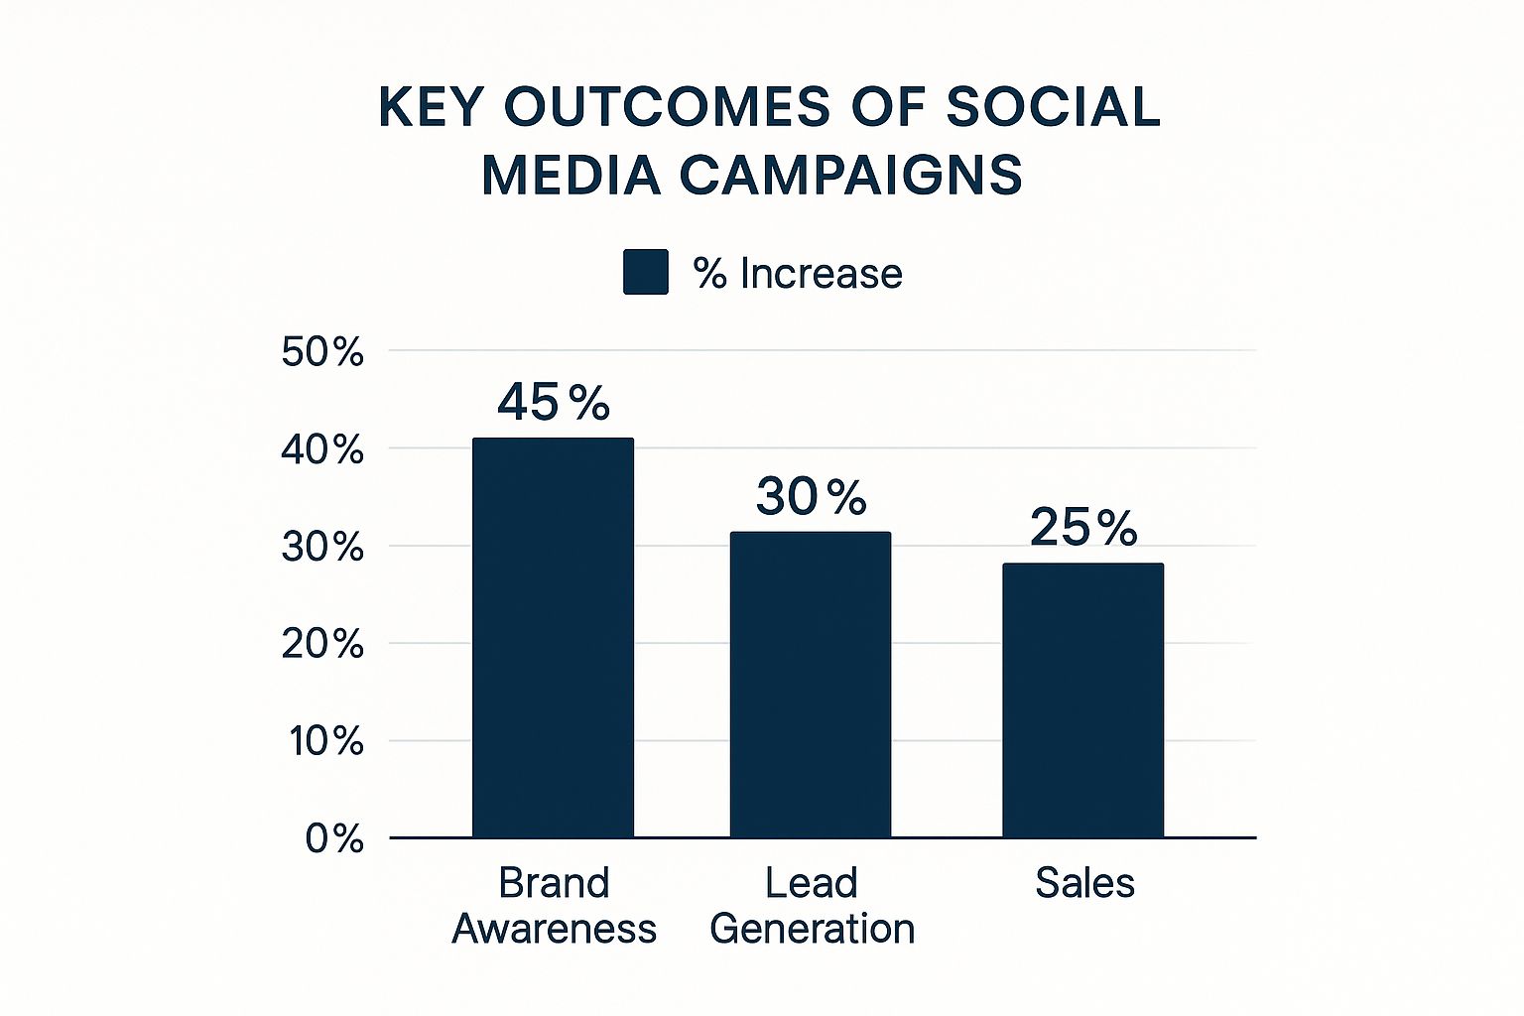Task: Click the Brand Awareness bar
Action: [553, 638]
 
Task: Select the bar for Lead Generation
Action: [811, 685]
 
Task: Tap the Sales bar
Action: [1082, 700]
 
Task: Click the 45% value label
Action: [553, 403]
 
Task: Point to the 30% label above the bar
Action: [811, 496]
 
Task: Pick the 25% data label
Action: [1082, 527]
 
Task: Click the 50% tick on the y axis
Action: [322, 352]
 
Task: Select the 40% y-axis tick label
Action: [322, 450]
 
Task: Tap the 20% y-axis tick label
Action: [322, 645]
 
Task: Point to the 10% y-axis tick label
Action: [326, 741]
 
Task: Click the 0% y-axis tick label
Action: [334, 839]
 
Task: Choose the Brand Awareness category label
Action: [554, 905]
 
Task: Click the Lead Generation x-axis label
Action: [812, 905]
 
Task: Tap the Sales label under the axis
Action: [1084, 882]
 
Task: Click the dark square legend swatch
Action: [645, 272]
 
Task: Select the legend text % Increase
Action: [798, 274]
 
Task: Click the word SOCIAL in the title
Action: [1052, 107]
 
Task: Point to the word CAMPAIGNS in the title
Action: [850, 176]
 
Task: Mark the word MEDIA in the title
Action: [571, 176]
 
